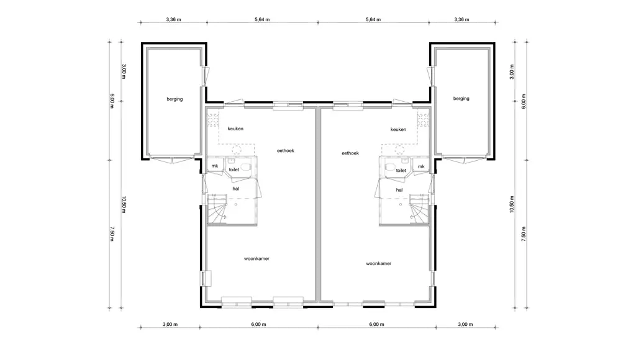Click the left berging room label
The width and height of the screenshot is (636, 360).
[175, 99]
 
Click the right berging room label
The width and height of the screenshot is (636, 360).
[461, 99]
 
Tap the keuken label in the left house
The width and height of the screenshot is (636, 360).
[235, 128]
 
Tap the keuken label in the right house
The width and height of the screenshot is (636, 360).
[398, 129]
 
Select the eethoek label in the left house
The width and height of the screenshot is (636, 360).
[286, 150]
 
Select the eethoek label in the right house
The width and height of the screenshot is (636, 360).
[350, 153]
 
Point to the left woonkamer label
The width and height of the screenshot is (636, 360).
[257, 259]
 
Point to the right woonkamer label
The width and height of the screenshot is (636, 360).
[379, 264]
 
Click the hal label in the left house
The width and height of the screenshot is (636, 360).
[235, 189]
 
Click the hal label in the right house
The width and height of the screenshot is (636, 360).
[399, 190]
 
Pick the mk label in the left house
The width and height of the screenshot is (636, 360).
[214, 166]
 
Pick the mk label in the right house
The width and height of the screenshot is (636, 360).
[422, 166]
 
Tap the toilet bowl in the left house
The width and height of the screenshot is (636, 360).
[245, 166]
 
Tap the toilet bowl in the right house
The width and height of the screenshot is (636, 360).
[390, 166]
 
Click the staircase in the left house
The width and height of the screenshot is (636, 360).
[217, 209]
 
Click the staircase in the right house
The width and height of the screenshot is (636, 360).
[419, 209]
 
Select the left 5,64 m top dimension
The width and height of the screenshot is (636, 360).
[262, 19]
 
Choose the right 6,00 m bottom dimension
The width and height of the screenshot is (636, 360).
[376, 325]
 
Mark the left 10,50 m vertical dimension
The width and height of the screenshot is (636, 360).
[124, 205]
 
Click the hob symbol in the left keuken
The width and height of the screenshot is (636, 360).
[213, 120]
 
